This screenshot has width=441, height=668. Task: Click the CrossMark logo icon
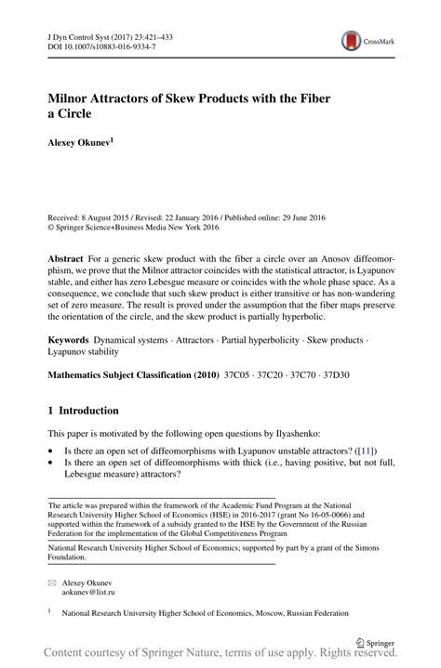tap(351, 40)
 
